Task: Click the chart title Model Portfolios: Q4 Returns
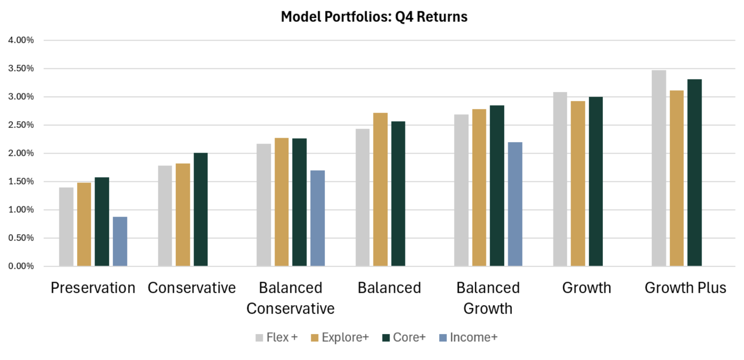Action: point(374,17)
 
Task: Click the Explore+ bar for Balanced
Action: point(380,189)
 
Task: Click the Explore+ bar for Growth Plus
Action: point(677,178)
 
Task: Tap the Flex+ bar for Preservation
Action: point(66,226)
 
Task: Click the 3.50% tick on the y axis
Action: point(21,68)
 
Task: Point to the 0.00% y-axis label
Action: point(21,266)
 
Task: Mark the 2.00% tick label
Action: point(21,153)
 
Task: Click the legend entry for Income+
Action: point(468,337)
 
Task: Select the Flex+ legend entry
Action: point(277,337)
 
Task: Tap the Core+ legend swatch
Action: point(386,338)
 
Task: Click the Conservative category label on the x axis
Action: point(192,288)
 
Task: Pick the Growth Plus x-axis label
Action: point(685,288)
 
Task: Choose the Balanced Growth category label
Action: point(488,298)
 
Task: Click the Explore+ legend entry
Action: point(340,337)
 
